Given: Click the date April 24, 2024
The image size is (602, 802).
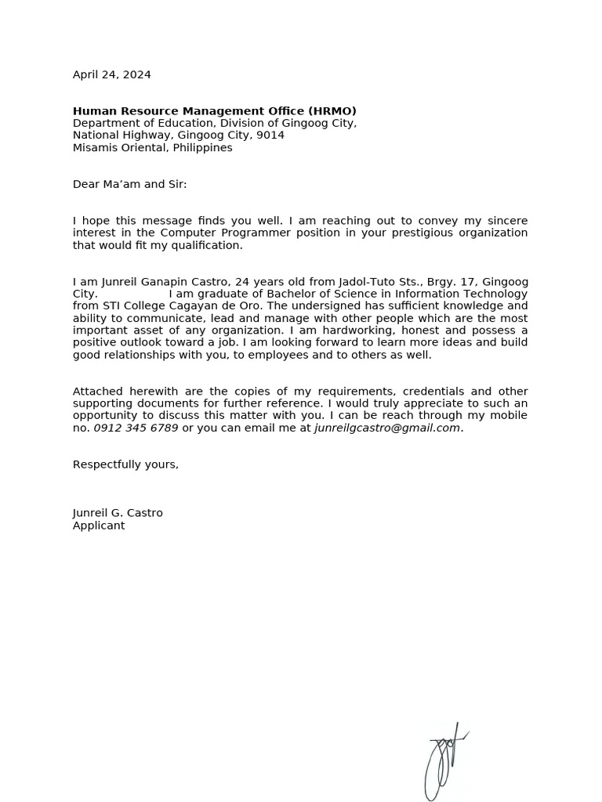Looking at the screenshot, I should (x=111, y=75).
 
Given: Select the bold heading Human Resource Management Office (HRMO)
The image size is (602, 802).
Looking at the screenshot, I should (x=214, y=111).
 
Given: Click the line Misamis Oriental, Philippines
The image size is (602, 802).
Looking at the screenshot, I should (x=152, y=148).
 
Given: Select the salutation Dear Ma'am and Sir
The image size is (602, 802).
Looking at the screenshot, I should (x=129, y=185).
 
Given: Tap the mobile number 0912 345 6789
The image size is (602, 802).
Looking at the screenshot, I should (x=136, y=428).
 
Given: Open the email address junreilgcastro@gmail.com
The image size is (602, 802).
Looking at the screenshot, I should (x=387, y=428).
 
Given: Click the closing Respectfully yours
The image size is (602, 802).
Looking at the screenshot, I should (x=125, y=464).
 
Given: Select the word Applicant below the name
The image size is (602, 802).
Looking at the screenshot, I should (x=99, y=526).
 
